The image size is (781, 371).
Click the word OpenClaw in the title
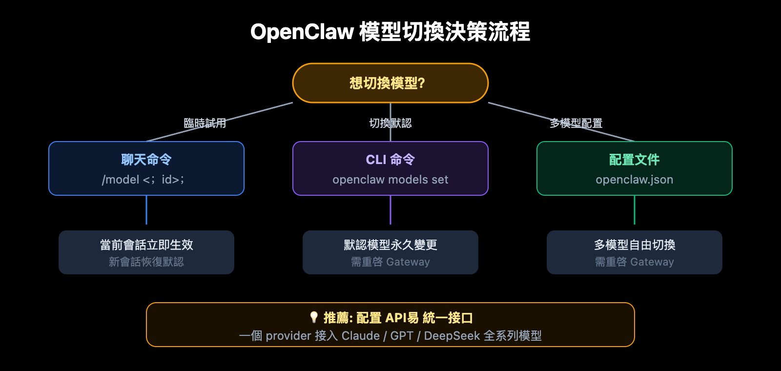coord(302,32)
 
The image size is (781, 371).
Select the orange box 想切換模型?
coord(390,83)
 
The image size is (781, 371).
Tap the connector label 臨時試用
coord(205,123)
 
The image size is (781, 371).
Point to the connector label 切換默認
coord(390,123)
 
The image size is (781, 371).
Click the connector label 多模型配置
coord(576,123)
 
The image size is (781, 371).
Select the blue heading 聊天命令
coord(146,160)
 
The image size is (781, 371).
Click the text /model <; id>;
coord(143,180)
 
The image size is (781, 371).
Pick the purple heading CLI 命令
coord(390,160)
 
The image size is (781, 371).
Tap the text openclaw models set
coord(390,180)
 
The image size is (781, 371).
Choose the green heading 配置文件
coord(634,160)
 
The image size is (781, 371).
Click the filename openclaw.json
coord(634,180)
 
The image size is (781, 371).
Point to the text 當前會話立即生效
coord(146,245)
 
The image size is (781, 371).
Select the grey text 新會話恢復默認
coord(146,262)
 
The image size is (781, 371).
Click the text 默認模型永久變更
coord(390,245)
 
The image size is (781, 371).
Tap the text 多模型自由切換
coord(634,245)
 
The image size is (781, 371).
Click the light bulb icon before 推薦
coord(314,317)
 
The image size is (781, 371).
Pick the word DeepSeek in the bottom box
coord(452,336)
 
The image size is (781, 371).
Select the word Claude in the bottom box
coord(360,336)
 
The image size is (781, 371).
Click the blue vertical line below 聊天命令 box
coord(146,210)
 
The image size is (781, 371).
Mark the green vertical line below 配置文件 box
coord(634,210)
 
